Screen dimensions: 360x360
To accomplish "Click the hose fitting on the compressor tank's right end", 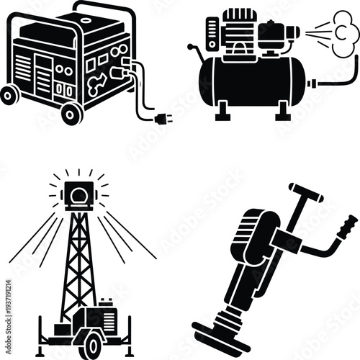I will click(311, 84).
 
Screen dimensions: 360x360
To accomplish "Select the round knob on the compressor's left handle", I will click(191, 48).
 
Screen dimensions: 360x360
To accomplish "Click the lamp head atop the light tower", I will click(78, 194).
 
